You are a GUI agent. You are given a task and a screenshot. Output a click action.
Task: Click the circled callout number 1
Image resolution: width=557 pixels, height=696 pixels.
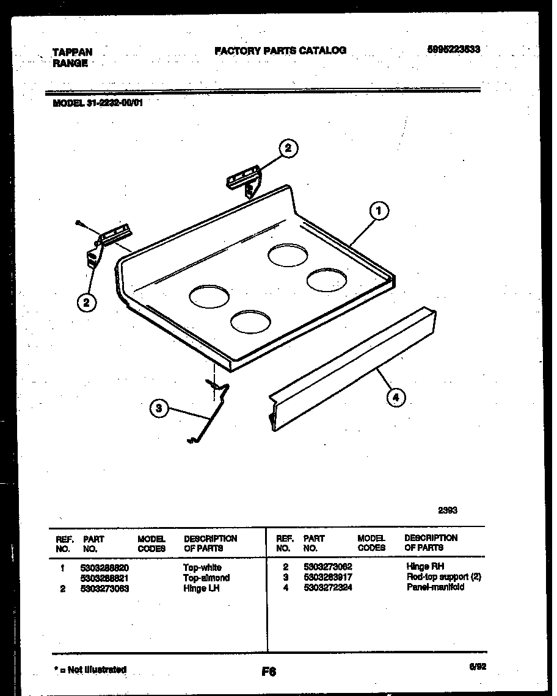[379, 211]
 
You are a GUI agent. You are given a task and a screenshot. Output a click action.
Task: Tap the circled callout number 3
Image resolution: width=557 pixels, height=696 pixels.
[159, 409]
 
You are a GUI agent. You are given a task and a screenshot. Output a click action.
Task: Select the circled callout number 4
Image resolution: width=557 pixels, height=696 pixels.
[396, 397]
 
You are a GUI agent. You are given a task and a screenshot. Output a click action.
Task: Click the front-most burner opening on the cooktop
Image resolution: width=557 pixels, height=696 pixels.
[250, 321]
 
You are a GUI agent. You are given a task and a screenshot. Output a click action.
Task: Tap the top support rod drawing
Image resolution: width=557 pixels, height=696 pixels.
[211, 412]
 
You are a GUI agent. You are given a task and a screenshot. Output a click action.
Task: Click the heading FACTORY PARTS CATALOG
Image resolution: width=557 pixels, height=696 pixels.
[280, 51]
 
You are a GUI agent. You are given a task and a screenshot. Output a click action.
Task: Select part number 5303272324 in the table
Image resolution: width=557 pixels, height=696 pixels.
[328, 587]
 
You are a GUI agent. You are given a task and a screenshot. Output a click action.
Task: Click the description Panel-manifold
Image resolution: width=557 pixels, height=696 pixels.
[435, 587]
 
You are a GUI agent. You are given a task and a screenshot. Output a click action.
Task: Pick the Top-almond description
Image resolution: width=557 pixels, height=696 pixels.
[206, 578]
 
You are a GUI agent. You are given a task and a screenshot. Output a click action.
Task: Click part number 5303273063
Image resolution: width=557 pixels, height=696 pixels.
[104, 589]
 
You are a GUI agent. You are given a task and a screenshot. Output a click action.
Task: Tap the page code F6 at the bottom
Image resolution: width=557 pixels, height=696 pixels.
[269, 672]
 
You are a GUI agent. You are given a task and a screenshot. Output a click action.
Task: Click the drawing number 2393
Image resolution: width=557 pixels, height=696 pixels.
[448, 510]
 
